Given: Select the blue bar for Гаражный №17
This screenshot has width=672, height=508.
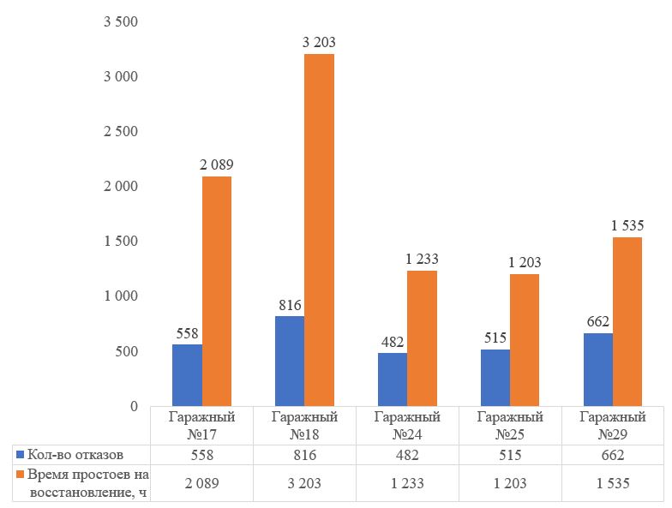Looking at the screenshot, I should (187, 375).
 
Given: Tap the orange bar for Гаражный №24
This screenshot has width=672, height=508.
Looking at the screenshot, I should (422, 338).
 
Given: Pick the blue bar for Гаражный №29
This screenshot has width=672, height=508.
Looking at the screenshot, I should (597, 369).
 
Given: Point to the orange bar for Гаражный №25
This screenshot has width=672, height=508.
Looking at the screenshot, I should (525, 340).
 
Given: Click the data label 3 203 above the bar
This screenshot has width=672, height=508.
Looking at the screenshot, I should (319, 42).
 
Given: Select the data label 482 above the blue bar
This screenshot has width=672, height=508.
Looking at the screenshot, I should (393, 340).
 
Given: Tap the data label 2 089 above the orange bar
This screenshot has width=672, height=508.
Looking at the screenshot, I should (217, 164).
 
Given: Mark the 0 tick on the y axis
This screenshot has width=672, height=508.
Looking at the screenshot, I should (133, 405).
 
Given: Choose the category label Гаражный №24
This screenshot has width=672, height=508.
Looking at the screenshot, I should (407, 426).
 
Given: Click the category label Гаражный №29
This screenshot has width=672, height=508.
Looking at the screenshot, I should (613, 426).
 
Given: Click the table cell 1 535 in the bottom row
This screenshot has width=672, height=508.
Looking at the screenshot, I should (613, 484).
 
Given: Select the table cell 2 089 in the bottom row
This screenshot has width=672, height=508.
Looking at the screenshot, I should (201, 484).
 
